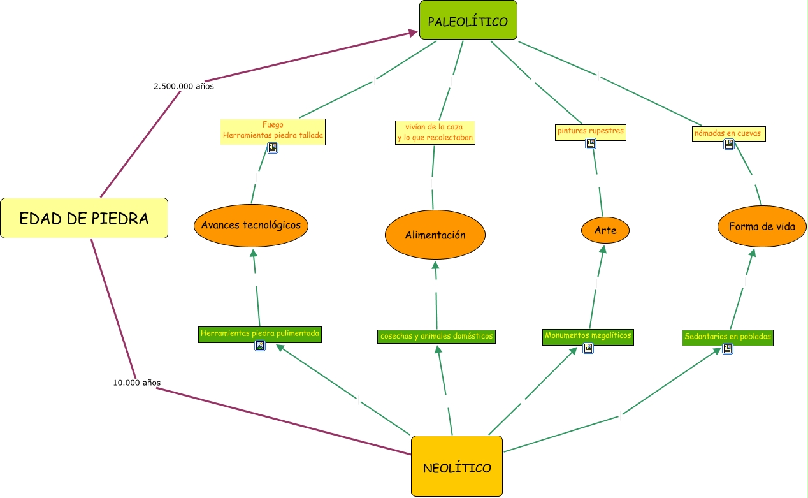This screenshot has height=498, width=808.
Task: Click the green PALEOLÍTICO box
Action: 468,20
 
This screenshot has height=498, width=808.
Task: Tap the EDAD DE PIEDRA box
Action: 84,218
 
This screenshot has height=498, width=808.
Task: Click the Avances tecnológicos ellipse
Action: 251,224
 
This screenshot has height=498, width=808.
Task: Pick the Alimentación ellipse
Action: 435,235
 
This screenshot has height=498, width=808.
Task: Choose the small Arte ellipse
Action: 605,230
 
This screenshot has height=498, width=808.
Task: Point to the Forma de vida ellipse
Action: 761,226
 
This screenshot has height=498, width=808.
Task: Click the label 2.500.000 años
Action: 184,86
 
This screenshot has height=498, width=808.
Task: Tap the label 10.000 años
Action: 136,383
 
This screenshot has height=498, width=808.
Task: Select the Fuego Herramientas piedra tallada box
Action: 273,130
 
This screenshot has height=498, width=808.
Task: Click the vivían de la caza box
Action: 435,132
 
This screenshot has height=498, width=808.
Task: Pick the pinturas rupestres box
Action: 590,131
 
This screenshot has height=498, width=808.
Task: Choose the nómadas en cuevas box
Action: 729,133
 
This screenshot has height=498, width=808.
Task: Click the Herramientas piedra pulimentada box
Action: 259,333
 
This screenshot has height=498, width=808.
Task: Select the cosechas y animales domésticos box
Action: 436,336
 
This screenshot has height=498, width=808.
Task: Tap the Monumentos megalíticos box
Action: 588,335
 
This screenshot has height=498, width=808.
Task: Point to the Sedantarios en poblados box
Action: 727,337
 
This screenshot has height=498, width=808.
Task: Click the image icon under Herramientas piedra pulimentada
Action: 260,346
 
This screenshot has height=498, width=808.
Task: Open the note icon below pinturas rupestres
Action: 591,143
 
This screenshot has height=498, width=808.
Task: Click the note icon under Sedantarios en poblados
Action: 728,349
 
